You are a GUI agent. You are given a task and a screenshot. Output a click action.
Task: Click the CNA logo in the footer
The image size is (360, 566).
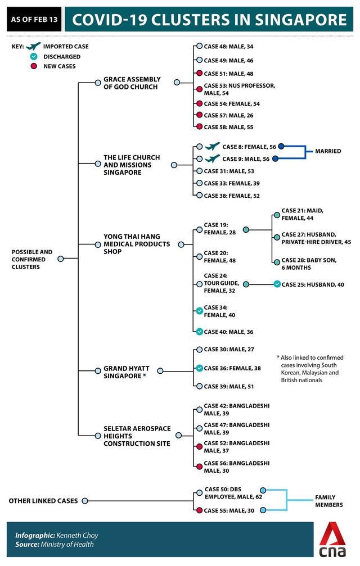tap(332, 542)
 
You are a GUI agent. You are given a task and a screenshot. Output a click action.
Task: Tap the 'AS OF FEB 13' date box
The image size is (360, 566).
tap(33, 20)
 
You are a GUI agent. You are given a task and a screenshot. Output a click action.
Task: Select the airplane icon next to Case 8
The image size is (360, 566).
tap(212, 147)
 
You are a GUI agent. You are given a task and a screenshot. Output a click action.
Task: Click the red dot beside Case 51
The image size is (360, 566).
tap(199, 73)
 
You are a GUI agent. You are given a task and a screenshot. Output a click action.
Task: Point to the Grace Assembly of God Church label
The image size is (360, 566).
tap(132, 83)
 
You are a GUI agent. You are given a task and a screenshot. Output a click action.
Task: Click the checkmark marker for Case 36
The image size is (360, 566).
tap(199, 368)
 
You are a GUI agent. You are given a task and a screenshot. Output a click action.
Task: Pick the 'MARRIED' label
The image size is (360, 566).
tap(328, 151)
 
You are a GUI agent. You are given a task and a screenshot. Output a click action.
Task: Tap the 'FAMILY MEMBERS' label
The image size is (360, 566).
tap(328, 501)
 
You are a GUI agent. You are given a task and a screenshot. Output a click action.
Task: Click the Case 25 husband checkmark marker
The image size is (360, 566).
tap(277, 284)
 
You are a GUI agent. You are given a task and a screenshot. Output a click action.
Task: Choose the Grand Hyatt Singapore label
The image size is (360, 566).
tap(124, 372)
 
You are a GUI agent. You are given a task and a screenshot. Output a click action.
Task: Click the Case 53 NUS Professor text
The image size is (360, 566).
tap(239, 89)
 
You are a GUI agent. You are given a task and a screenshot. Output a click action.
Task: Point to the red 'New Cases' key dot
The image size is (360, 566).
tap(34, 66)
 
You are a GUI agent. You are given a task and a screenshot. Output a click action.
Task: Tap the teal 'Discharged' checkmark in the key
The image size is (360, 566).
tap(34, 57)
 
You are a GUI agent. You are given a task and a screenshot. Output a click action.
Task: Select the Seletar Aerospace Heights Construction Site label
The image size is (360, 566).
tap(137, 436)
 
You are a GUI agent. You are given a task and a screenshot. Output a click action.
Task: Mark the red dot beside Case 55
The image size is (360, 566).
tap(199, 510)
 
